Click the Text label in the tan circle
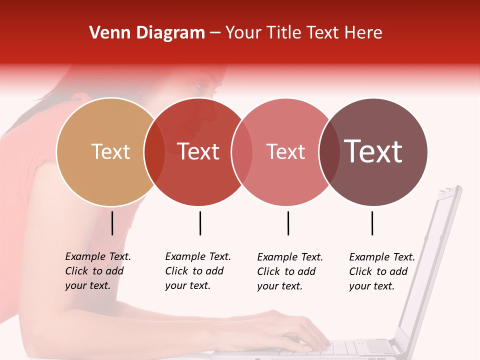(110, 152)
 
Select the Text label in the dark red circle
(198, 152)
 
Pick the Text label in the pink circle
(285, 152)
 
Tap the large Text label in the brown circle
(373, 152)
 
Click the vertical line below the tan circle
(112, 223)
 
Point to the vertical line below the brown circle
(372, 223)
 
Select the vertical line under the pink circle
(288, 223)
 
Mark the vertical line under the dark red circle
(200, 223)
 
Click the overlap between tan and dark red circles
(154, 152)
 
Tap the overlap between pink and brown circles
(328, 152)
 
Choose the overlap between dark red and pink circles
(242, 152)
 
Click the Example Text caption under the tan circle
(98, 271)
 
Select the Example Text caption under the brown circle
(382, 271)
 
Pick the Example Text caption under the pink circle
(290, 271)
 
